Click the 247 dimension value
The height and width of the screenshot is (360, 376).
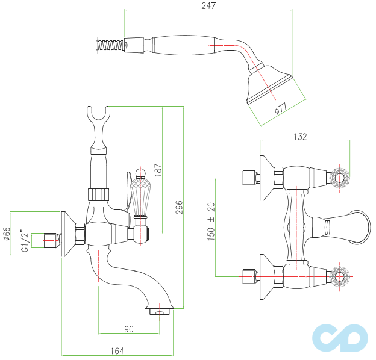tap(208, 5)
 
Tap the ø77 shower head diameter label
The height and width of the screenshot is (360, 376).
tap(280, 108)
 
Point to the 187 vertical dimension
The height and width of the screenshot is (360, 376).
tap(158, 169)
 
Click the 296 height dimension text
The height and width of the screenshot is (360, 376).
tap(179, 207)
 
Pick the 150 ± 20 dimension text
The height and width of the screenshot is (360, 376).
tap(211, 222)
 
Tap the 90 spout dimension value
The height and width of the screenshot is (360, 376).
tap(128, 329)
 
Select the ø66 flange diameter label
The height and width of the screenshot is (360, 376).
tap(7, 232)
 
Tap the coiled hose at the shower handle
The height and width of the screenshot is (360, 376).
tap(112, 44)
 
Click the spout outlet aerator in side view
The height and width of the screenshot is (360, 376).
tap(159, 312)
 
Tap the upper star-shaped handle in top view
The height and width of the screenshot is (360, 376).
tap(339, 178)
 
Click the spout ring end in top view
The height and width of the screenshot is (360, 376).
tap(360, 227)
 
